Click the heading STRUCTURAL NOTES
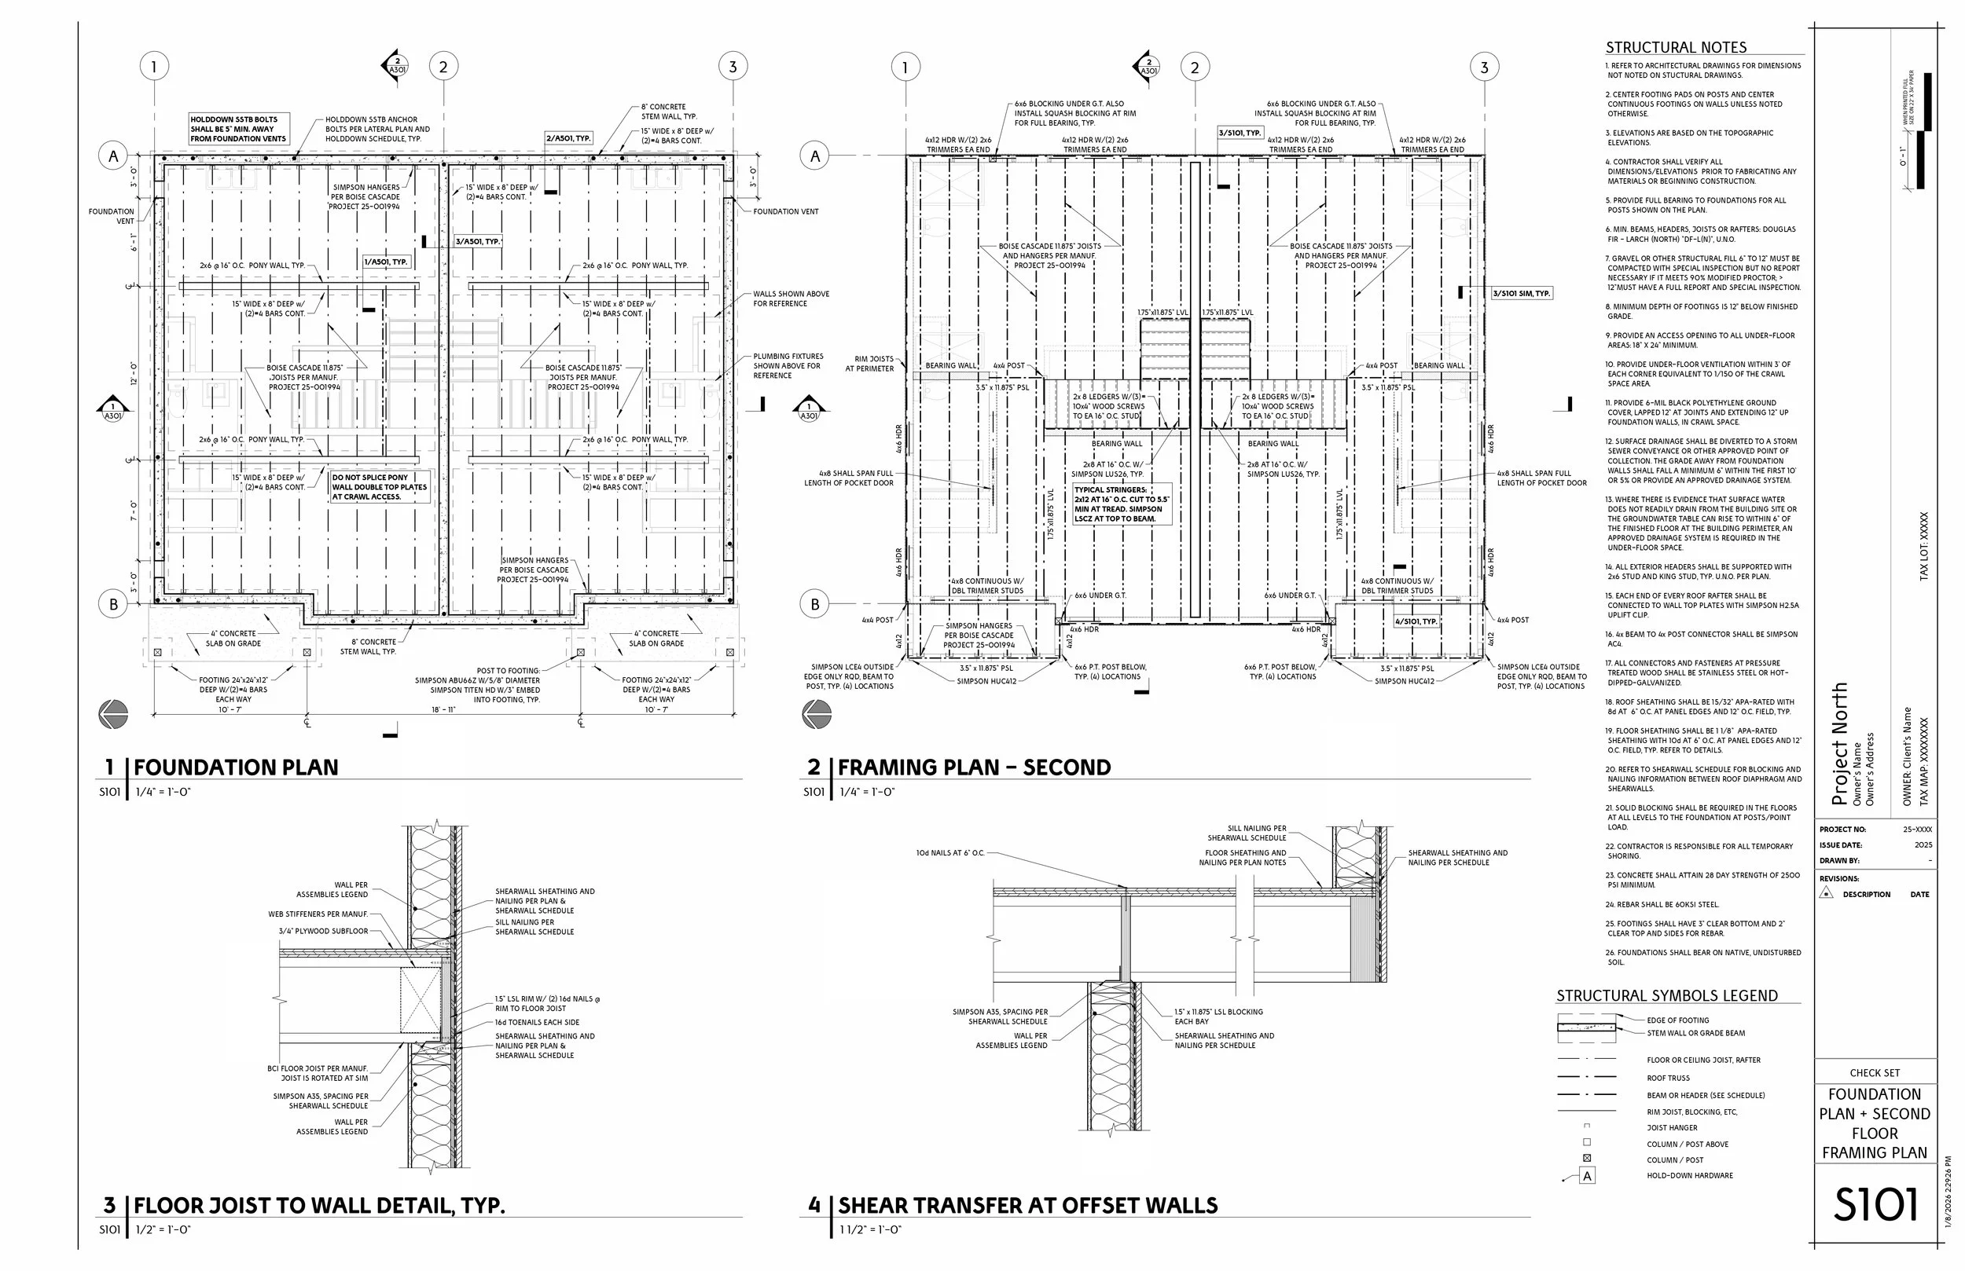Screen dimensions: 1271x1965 tap(1675, 48)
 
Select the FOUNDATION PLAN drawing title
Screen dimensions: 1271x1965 tap(235, 767)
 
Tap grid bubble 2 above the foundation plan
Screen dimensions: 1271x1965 tap(443, 67)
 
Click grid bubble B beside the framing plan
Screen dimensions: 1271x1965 tap(815, 604)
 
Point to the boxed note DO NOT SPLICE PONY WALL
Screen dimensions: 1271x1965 tap(379, 487)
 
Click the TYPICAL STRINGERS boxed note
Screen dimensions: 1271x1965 tap(1121, 504)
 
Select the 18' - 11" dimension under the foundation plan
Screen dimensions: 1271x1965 tap(443, 710)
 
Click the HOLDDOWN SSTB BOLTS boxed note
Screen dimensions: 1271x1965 tap(239, 130)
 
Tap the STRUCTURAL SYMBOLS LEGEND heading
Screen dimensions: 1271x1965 tap(1667, 996)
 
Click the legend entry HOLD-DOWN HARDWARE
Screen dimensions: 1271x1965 tap(1689, 1175)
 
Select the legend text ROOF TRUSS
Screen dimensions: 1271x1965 tap(1668, 1078)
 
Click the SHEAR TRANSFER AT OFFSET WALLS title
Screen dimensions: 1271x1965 tap(1027, 1206)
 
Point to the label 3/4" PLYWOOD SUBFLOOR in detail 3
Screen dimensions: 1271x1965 tap(324, 931)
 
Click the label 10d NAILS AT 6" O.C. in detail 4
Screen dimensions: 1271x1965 tap(949, 852)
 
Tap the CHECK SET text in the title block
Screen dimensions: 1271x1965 tap(1874, 1073)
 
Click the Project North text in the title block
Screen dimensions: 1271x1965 tap(1838, 744)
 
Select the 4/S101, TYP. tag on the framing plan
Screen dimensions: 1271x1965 tap(1416, 621)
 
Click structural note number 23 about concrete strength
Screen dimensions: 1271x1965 tap(1701, 880)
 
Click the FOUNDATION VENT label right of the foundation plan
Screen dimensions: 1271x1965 tap(785, 212)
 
